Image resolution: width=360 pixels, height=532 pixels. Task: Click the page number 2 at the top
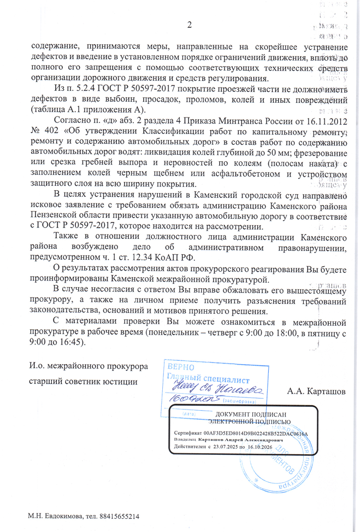[x=190, y=25]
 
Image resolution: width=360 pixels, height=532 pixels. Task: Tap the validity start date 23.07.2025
[x=233, y=446]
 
